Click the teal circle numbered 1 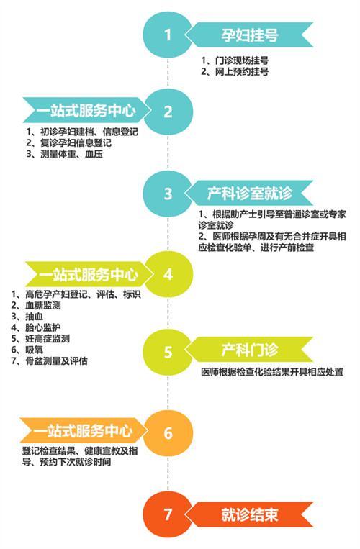point(168,35)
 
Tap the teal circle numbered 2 point(168,112)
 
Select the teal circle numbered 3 point(168,194)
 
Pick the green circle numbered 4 point(168,274)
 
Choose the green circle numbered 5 point(168,353)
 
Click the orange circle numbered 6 point(168,433)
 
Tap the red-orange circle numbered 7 point(168,514)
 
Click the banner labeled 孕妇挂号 point(249,35)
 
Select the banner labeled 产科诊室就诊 point(249,193)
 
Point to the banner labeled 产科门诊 point(249,350)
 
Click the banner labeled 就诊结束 point(249,514)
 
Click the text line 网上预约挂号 point(235,72)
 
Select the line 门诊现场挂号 point(235,60)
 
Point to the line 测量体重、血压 point(64,154)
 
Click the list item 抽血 point(27,317)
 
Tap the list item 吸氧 point(27,350)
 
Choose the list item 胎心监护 point(36,327)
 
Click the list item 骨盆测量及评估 point(49,361)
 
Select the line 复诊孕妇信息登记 point(69,143)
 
